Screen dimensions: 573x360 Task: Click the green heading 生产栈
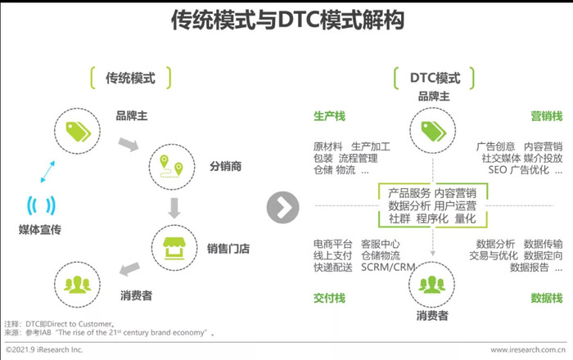tap(329, 116)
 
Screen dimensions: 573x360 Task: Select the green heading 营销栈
tap(547, 116)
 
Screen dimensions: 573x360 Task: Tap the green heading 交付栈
tap(329, 299)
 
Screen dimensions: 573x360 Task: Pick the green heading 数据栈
tap(547, 299)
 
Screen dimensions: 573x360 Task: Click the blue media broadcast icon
tap(41, 205)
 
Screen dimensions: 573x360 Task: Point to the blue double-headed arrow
tap(47, 172)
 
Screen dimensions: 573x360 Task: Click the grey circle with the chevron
tap(283, 207)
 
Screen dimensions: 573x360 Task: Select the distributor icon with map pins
tap(171, 167)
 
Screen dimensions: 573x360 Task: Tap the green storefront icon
tap(174, 248)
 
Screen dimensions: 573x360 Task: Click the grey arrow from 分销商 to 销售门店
tap(174, 209)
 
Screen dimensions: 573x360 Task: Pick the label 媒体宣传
tap(40, 230)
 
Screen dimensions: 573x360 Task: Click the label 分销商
tap(225, 166)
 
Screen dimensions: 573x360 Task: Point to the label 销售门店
tap(228, 249)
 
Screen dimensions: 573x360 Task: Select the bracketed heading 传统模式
tap(130, 78)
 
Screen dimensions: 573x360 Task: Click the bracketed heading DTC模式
tap(435, 78)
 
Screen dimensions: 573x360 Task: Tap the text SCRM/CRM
tap(388, 268)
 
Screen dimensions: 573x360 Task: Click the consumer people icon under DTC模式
tap(432, 284)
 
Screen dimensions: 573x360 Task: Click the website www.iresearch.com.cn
tap(528, 350)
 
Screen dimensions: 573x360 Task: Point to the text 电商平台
tap(333, 244)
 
